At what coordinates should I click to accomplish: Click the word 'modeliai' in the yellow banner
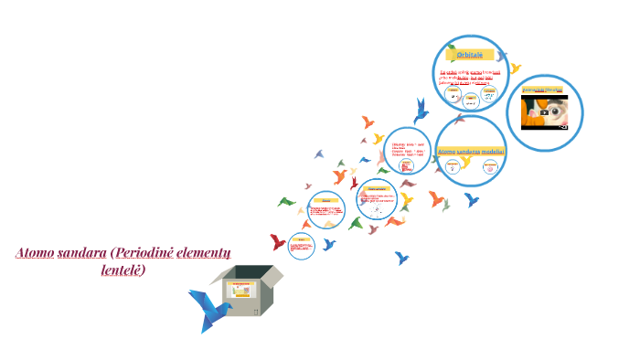487,151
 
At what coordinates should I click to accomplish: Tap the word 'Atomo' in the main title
35,252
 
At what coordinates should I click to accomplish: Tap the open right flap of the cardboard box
272,274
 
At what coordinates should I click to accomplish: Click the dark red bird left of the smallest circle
277,242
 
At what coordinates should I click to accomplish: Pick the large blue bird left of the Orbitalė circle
421,111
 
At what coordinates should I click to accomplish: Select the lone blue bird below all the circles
400,258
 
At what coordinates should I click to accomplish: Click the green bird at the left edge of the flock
286,201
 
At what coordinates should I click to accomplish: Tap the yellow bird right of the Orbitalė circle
516,69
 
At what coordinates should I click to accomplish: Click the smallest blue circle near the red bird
302,245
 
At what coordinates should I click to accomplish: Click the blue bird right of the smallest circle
329,244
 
